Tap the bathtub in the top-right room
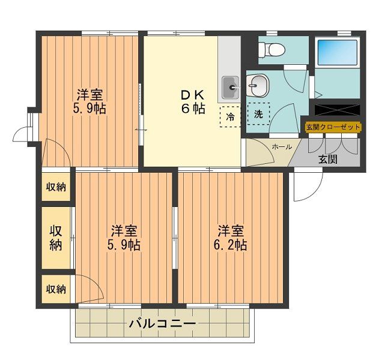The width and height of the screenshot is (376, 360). [x=337, y=53]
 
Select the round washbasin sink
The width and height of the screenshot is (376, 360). [x=259, y=87]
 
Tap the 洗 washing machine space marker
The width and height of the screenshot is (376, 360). [x=258, y=113]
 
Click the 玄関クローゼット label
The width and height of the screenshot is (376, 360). [x=333, y=127]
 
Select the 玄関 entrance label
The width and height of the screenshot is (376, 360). [x=327, y=159]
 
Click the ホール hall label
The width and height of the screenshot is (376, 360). [x=282, y=147]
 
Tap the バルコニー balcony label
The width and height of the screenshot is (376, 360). [x=162, y=324]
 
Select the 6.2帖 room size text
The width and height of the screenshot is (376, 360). [x=231, y=245]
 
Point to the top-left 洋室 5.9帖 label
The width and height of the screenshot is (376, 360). [x=89, y=102]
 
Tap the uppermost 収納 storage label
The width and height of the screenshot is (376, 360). [x=56, y=187]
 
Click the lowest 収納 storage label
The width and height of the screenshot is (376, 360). [x=56, y=289]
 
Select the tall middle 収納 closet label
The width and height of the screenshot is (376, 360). [x=56, y=238]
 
